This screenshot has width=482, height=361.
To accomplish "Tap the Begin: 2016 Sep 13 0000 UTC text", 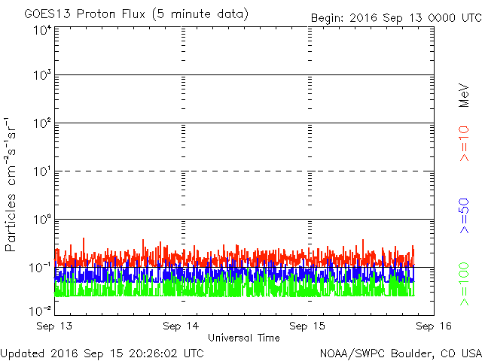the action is click(396, 17).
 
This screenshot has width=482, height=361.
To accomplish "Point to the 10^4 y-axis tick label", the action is click(43, 30).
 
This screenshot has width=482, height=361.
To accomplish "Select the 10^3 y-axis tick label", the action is click(43, 74).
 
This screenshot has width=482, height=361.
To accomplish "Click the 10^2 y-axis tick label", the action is click(43, 123).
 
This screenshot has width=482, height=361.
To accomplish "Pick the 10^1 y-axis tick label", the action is click(43, 171).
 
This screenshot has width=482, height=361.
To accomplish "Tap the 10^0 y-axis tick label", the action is click(43, 219).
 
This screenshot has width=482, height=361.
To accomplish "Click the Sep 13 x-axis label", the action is click(54, 326).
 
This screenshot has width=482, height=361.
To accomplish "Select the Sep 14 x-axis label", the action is click(181, 326).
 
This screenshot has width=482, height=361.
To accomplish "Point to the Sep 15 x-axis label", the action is click(307, 326).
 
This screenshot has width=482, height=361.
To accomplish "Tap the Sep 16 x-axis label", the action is click(434, 326).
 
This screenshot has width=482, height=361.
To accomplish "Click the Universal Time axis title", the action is click(244, 338).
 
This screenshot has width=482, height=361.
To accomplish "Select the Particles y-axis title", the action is click(10, 223).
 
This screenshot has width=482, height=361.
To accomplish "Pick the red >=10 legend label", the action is click(464, 144).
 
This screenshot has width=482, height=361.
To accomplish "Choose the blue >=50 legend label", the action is click(464, 216).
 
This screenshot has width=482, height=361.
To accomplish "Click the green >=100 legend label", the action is click(464, 284).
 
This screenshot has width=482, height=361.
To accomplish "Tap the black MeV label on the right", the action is click(464, 96).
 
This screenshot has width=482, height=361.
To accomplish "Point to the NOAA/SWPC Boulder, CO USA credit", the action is click(401, 353).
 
